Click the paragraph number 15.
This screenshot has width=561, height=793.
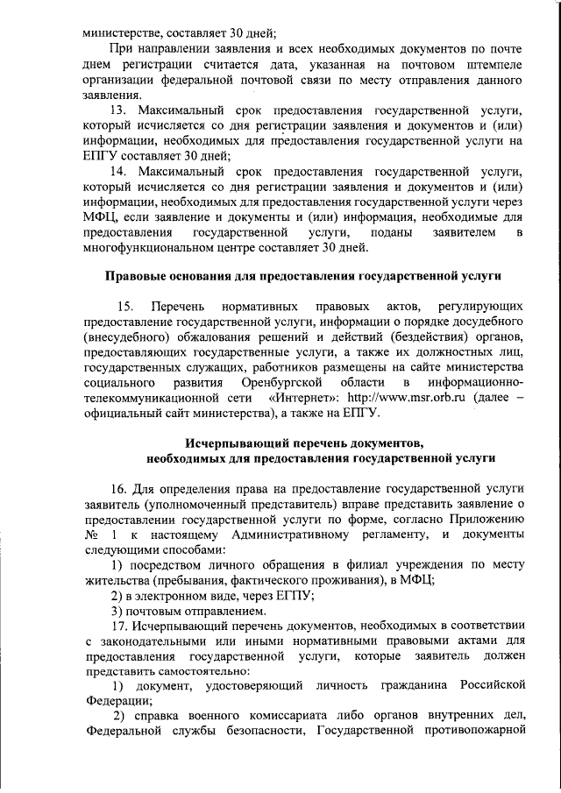click(124, 306)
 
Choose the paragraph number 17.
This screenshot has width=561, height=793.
click(118, 626)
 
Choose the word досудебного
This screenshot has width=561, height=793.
click(480, 321)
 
